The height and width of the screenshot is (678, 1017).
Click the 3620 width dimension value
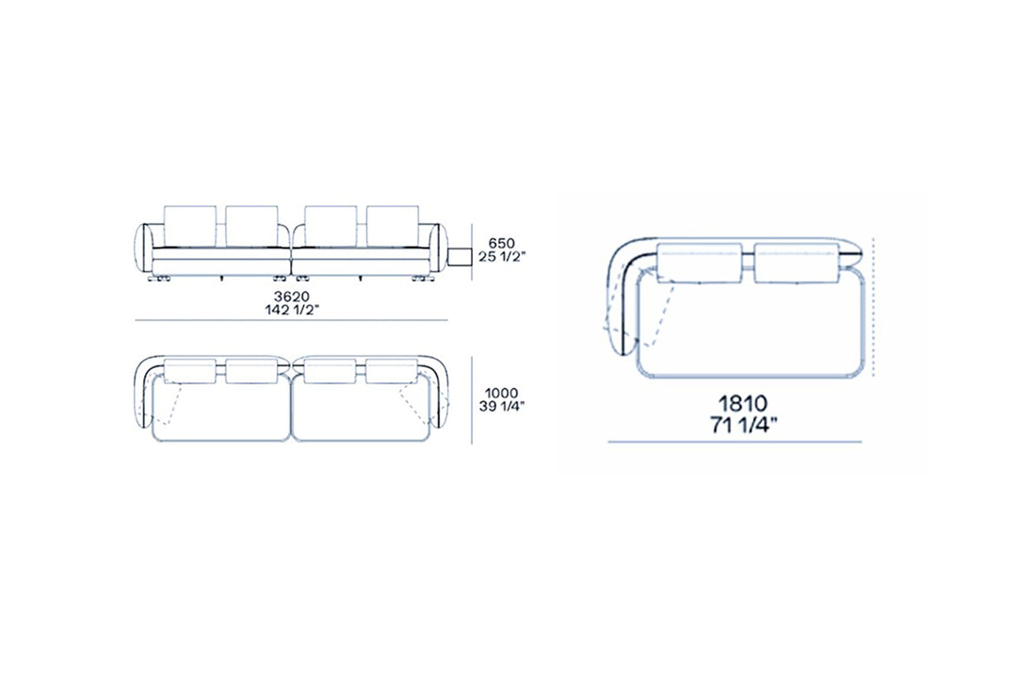[x=292, y=298]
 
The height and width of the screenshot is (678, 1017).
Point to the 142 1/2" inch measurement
[x=292, y=310]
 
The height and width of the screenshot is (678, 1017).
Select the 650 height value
[x=501, y=243]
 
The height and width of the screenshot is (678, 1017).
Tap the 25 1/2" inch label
[x=501, y=256]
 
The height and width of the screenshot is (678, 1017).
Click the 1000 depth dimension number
[x=501, y=394]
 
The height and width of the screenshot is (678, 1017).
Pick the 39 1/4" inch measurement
[x=501, y=406]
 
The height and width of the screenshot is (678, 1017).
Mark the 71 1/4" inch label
[x=743, y=426]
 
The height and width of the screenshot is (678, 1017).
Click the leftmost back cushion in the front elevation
[x=189, y=226]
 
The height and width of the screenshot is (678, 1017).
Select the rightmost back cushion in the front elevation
[x=393, y=226]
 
